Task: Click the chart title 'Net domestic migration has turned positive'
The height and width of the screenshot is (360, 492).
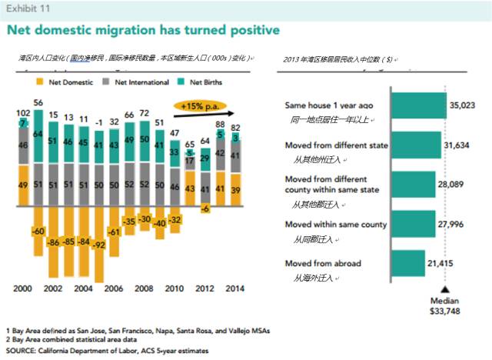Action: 143,31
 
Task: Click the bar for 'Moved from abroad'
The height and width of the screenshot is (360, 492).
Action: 407,264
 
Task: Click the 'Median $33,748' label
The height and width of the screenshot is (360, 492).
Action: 444,305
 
